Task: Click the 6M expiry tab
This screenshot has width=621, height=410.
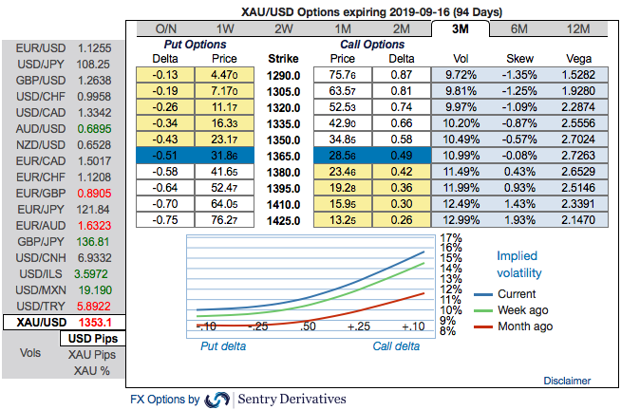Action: click(519, 28)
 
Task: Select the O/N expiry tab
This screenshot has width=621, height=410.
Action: click(165, 28)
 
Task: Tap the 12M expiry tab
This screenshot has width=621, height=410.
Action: click(578, 28)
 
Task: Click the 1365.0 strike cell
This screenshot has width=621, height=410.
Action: click(283, 154)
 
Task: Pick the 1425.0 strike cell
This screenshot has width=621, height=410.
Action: click(283, 219)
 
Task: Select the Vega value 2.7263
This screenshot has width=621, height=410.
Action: click(578, 154)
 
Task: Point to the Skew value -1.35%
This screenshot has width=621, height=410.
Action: click(519, 73)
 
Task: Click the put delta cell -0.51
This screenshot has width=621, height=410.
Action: click(165, 154)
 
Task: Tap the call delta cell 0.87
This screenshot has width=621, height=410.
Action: click(401, 73)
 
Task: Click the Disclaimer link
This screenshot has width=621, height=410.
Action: click(567, 380)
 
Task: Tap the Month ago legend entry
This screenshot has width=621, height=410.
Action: click(523, 326)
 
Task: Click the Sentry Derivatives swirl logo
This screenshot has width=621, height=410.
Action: click(216, 400)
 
